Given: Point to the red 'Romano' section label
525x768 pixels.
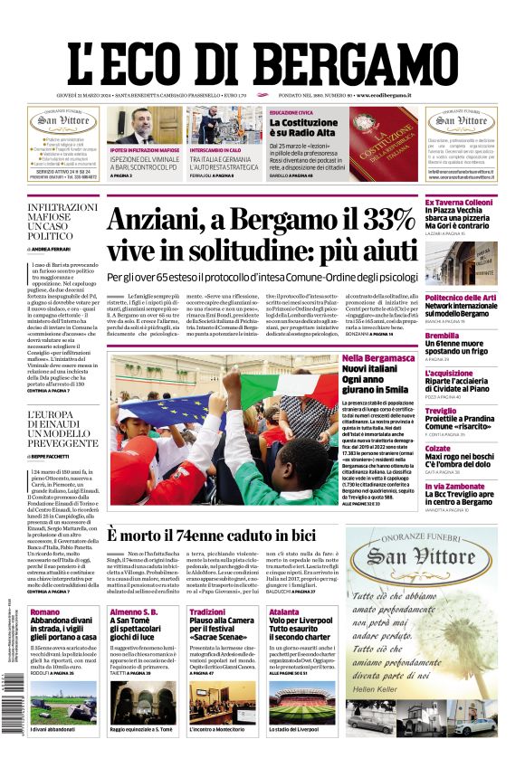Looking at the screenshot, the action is (45, 612).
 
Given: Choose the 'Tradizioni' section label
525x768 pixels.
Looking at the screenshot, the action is (207, 612).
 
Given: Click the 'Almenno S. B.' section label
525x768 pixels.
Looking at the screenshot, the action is (134, 612).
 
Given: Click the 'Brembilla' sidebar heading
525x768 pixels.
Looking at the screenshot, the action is (442, 336).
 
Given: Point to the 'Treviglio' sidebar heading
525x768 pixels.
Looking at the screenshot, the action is (443, 411).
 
